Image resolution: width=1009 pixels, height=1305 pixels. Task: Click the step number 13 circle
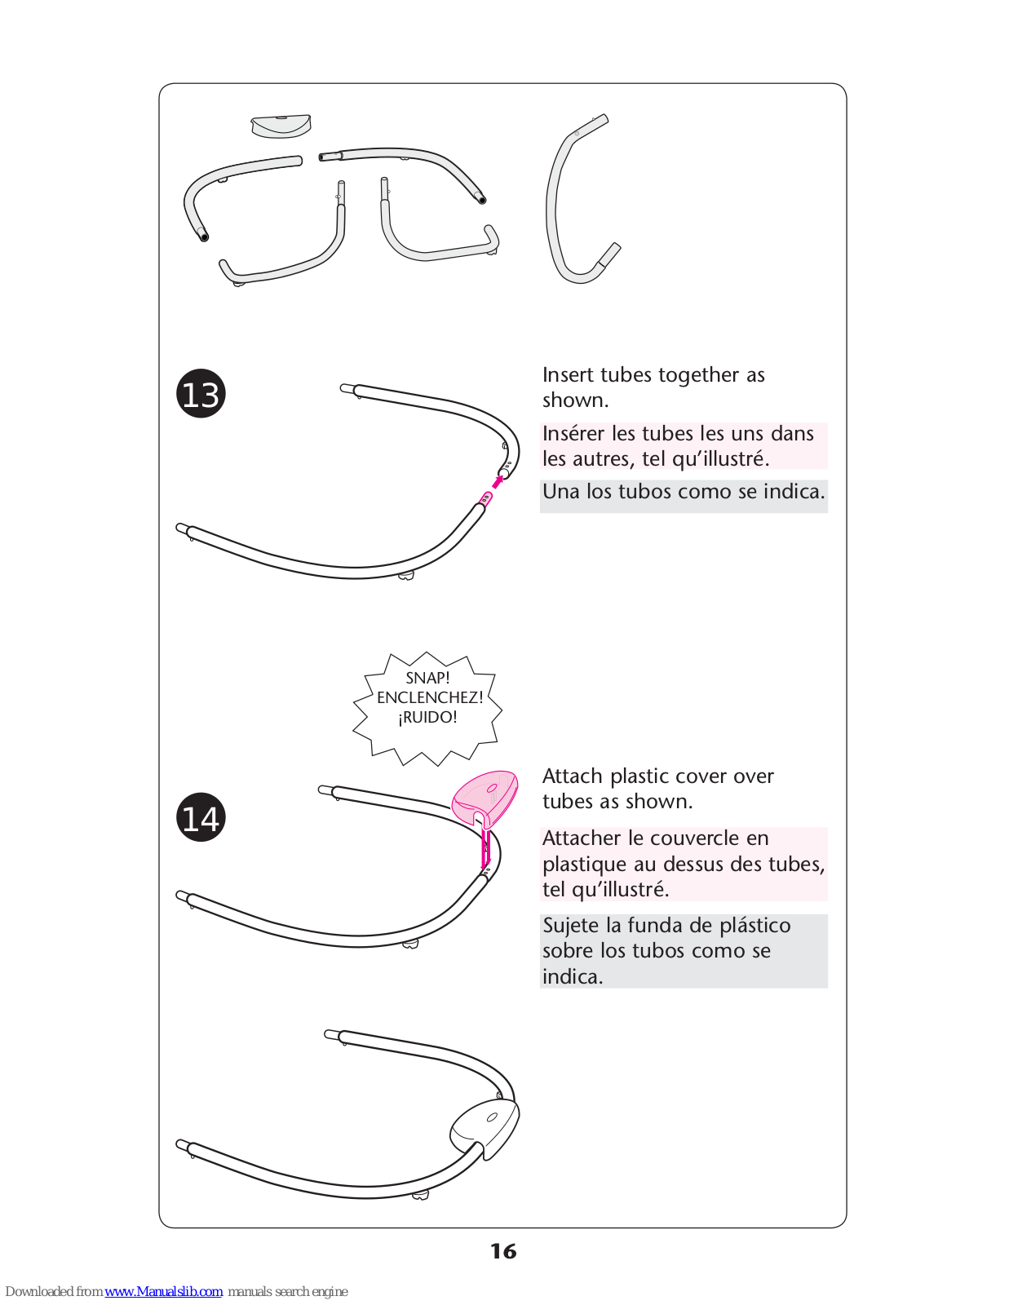pyautogui.click(x=201, y=394)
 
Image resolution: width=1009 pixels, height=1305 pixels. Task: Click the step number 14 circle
pyautogui.click(x=201, y=817)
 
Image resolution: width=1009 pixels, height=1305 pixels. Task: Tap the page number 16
pyautogui.click(x=503, y=1251)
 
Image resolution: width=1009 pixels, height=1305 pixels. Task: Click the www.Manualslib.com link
pyautogui.click(x=163, y=1291)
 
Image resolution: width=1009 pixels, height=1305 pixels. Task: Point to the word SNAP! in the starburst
pyautogui.click(x=427, y=678)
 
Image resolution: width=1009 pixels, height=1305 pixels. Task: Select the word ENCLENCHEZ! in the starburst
pyautogui.click(x=430, y=697)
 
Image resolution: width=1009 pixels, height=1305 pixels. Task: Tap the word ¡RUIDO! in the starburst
pyautogui.click(x=427, y=717)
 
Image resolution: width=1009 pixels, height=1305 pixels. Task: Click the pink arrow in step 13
pyautogui.click(x=498, y=481)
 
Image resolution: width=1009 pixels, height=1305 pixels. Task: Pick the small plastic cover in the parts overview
pyautogui.click(x=281, y=126)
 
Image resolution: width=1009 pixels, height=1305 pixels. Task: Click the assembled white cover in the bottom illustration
pyautogui.click(x=485, y=1126)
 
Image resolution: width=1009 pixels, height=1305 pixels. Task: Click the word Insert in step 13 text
pyautogui.click(x=568, y=374)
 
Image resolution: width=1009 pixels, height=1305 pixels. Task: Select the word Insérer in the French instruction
pyautogui.click(x=573, y=433)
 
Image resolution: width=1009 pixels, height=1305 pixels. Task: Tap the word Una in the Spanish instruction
pyautogui.click(x=561, y=491)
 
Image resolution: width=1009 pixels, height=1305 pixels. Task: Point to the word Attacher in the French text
pyautogui.click(x=582, y=838)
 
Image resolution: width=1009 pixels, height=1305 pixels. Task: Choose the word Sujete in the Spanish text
pyautogui.click(x=571, y=925)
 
